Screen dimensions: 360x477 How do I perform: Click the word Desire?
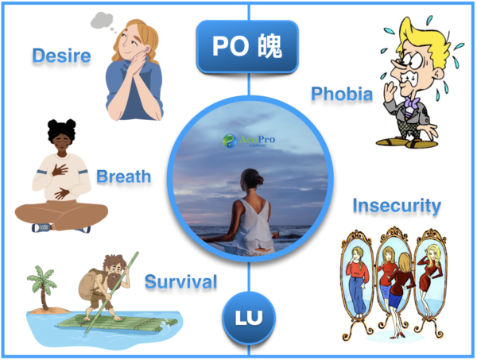pyautogui.click(x=61, y=56)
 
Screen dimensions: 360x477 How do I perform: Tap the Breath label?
pyautogui.click(x=123, y=176)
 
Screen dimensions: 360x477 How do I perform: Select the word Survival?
pyautogui.click(x=181, y=281)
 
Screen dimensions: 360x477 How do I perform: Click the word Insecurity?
pyautogui.click(x=396, y=206)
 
